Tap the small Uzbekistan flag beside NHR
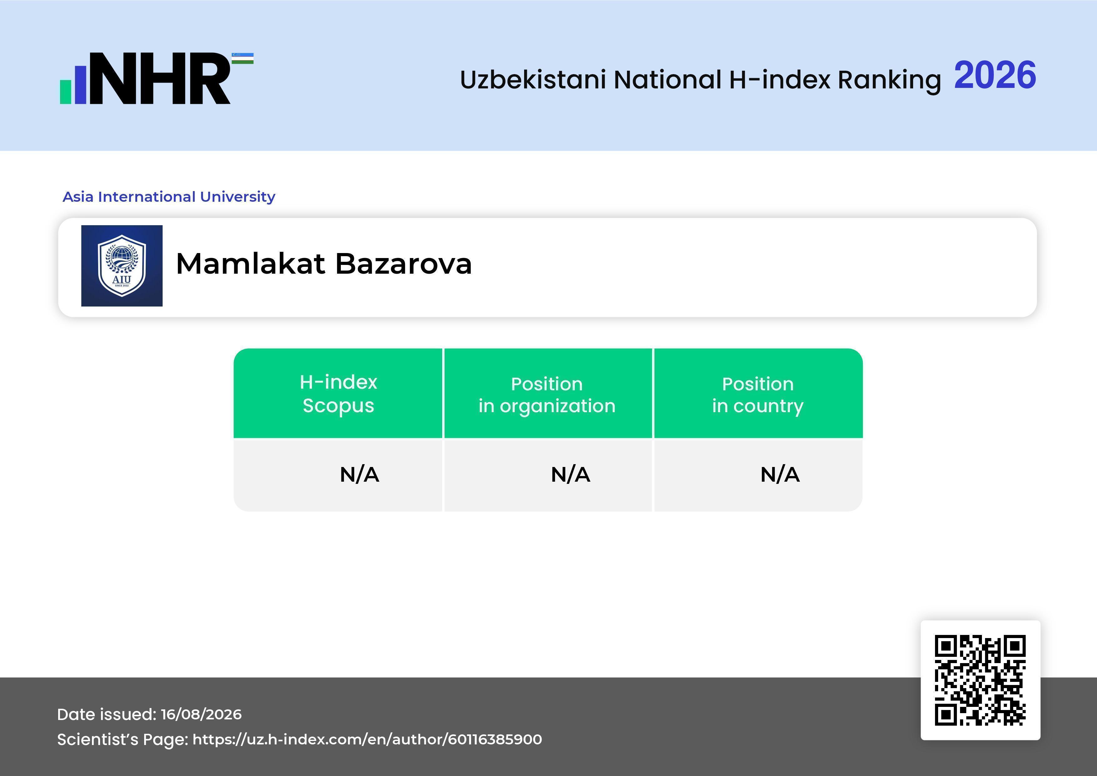[243, 58]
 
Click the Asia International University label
[169, 196]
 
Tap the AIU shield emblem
[122, 266]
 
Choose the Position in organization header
[547, 395]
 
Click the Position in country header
[758, 395]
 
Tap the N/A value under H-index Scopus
[359, 474]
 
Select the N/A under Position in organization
[570, 474]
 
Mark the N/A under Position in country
[780, 474]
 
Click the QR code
[980, 680]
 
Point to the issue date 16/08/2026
[201, 714]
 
